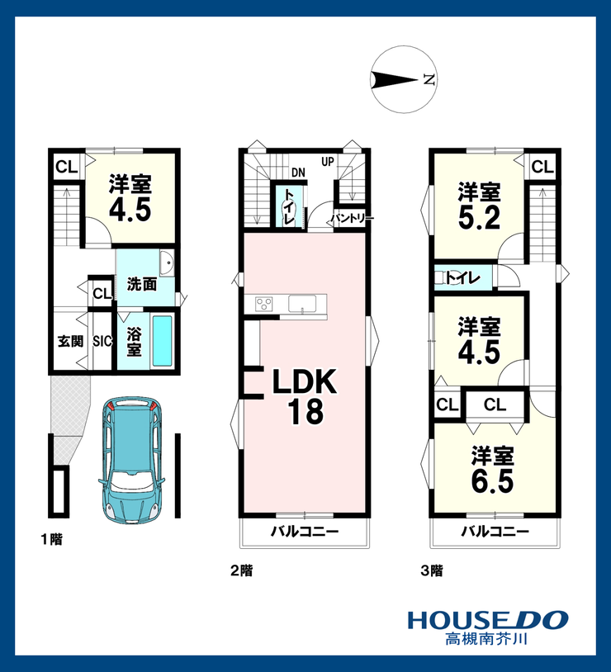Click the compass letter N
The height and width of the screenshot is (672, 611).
[429, 79]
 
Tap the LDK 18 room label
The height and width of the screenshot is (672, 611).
[305, 396]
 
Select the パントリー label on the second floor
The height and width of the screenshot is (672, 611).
[352, 219]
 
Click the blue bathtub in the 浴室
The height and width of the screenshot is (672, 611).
[162, 341]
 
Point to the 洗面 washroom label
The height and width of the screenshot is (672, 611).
[142, 284]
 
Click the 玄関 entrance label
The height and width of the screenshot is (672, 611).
[70, 342]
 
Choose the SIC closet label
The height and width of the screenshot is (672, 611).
[102, 341]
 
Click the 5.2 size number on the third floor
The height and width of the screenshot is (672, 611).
[479, 217]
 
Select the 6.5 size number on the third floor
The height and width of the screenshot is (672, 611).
[492, 480]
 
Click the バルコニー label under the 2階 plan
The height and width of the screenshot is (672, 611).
[305, 532]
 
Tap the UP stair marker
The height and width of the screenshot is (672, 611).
[328, 162]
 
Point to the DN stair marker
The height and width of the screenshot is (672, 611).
[298, 173]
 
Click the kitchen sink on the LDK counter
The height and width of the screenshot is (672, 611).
[302, 304]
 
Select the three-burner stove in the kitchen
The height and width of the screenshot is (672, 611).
[263, 304]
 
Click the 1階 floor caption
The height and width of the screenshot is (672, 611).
[52, 539]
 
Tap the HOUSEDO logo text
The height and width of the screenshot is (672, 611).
[487, 620]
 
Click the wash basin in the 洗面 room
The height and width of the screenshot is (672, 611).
[166, 263]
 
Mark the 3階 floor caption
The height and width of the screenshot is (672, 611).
[432, 570]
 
